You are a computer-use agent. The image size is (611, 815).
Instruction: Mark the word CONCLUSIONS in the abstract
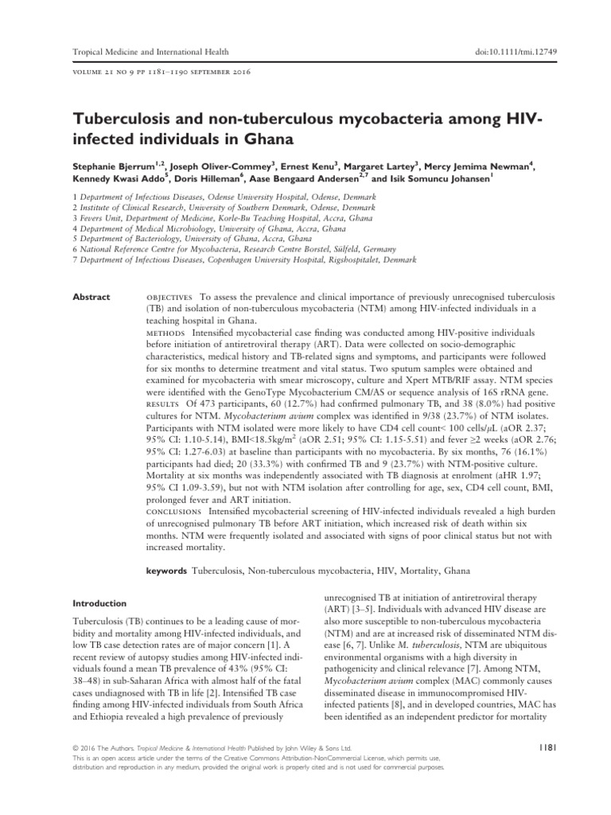tap(173, 508)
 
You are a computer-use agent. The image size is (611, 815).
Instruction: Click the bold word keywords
tap(167, 571)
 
